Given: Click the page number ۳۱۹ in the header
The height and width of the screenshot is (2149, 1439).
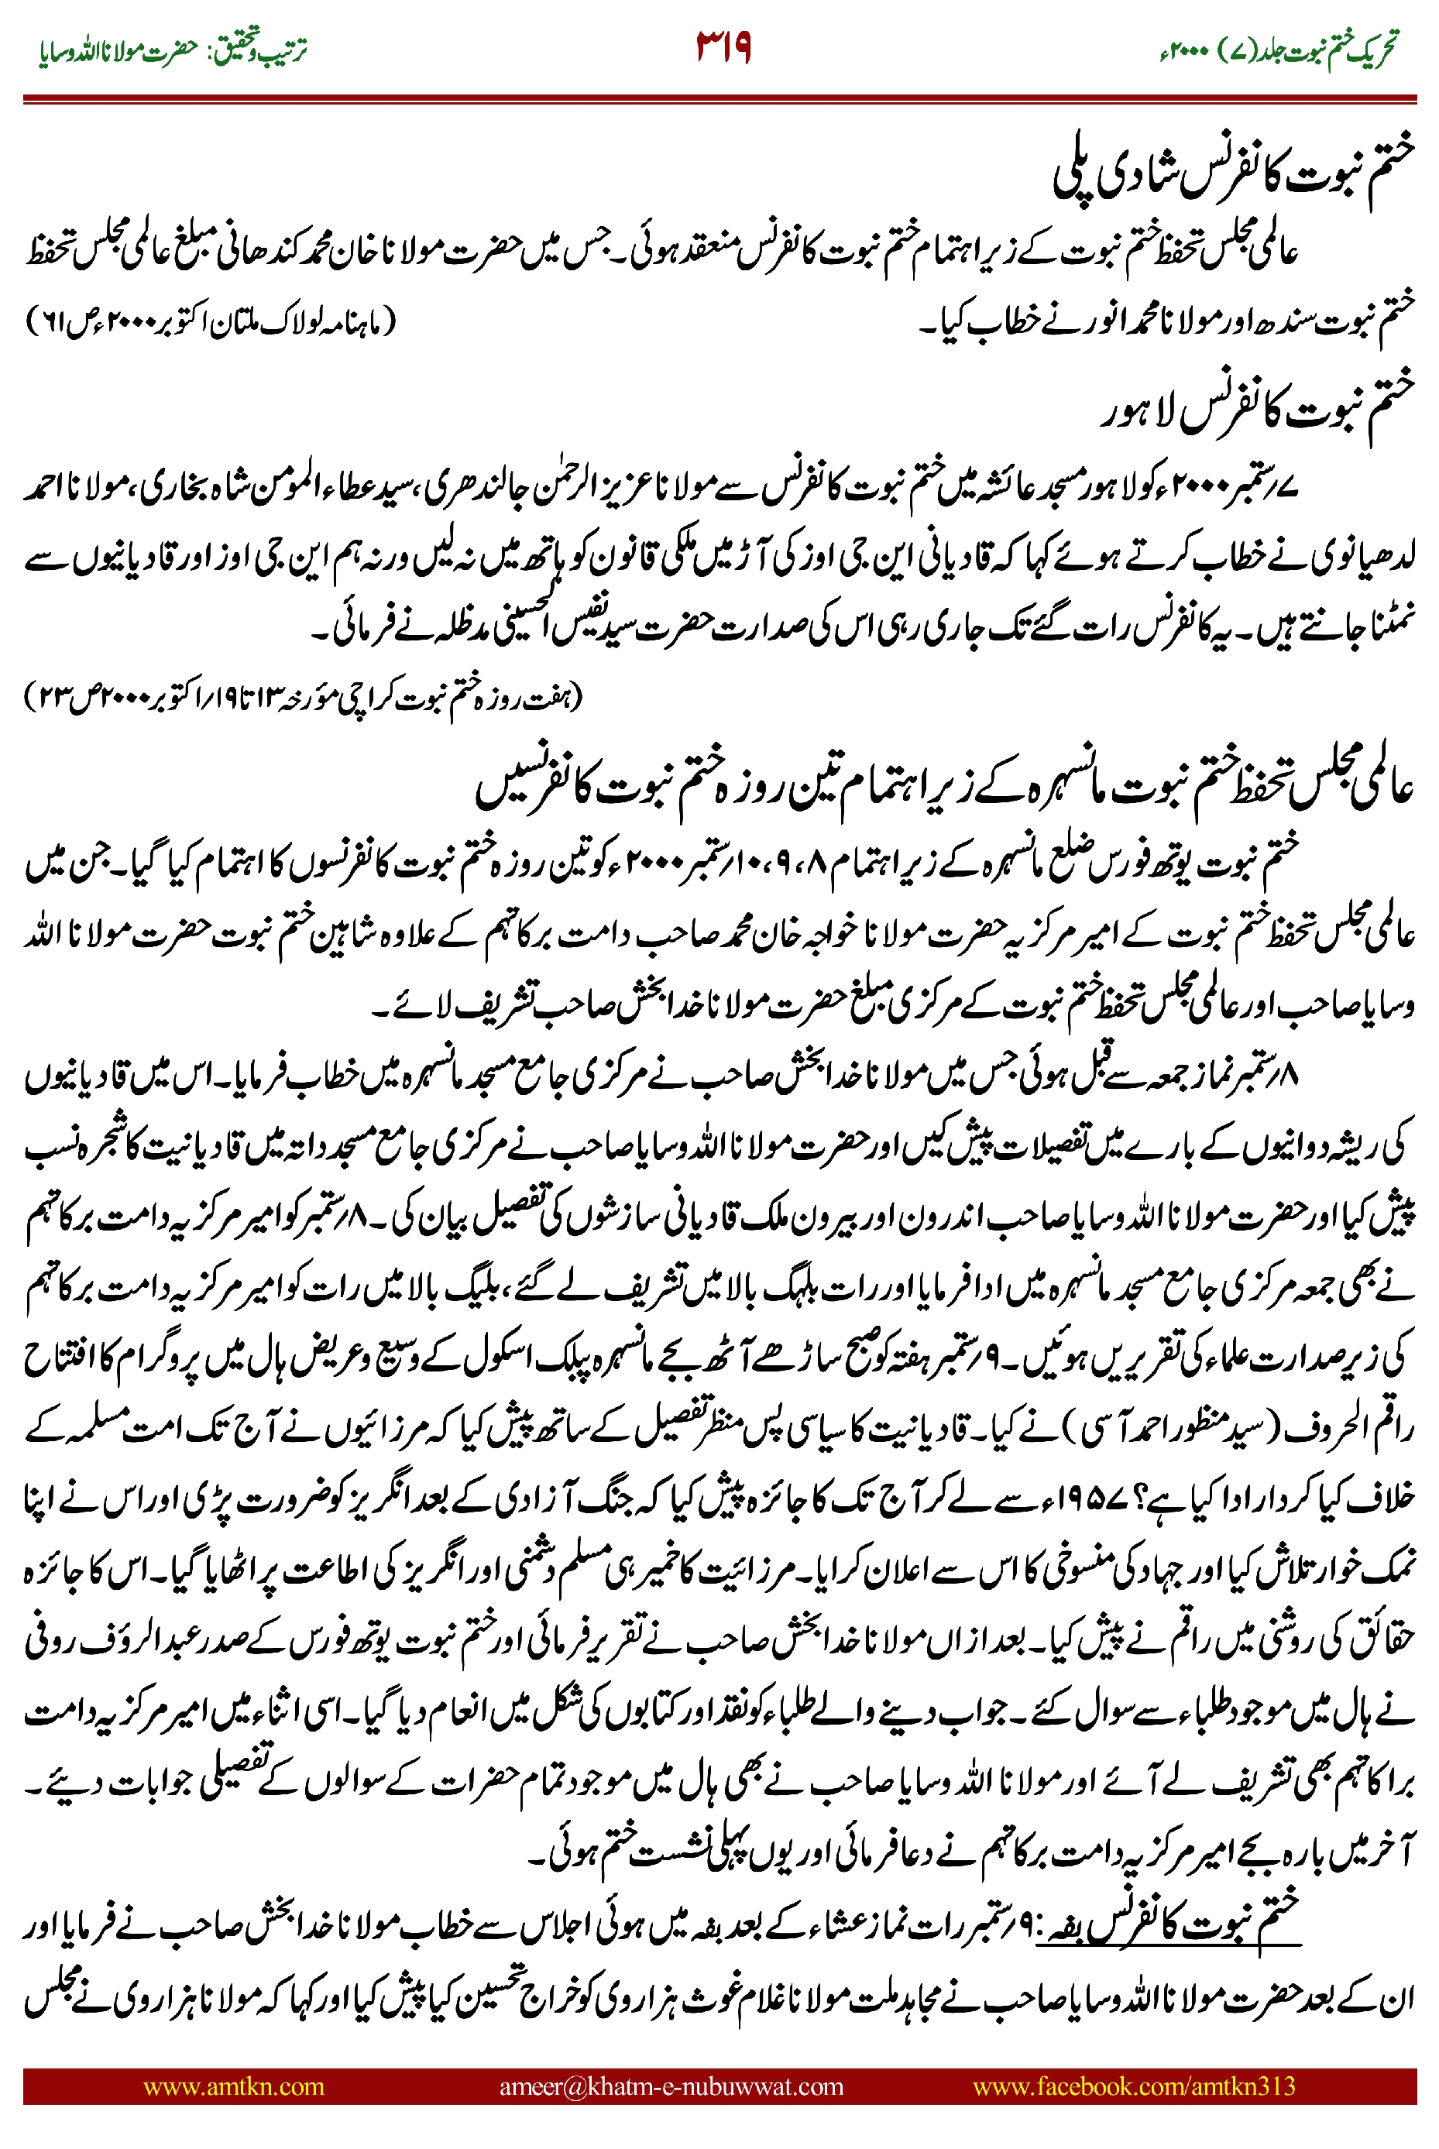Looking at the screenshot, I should (x=724, y=49).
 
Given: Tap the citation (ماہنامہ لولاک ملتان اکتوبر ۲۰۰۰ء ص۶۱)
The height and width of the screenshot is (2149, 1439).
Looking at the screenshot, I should (x=211, y=323).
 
